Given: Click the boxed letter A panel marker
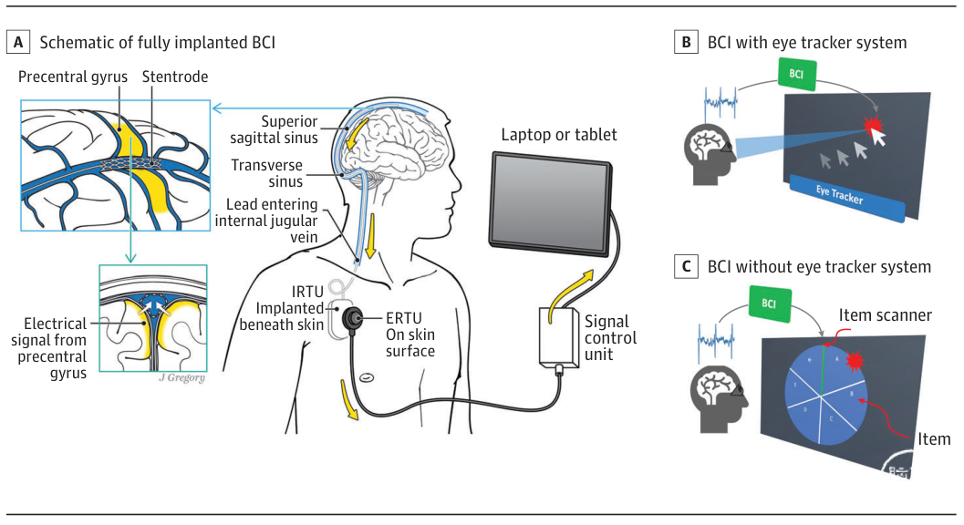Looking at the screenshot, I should pyautogui.click(x=20, y=42).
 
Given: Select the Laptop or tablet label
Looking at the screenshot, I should pyautogui.click(x=558, y=134).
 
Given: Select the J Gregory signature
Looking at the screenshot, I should pyautogui.click(x=181, y=376).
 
